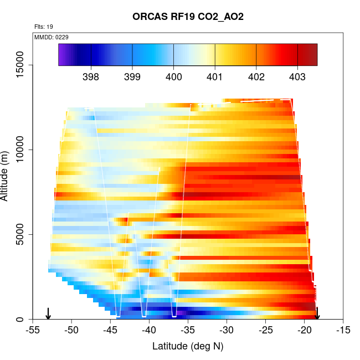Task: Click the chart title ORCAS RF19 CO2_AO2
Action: pyautogui.click(x=188, y=17)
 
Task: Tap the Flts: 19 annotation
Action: pyautogui.click(x=44, y=27)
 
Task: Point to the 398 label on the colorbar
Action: pyautogui.click(x=90, y=77)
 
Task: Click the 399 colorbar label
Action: pyautogui.click(x=132, y=77)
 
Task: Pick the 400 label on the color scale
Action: pyautogui.click(x=173, y=77)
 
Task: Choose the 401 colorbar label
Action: pyautogui.click(x=215, y=77)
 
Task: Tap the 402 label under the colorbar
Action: pyautogui.click(x=256, y=77)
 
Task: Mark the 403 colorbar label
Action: pyautogui.click(x=297, y=77)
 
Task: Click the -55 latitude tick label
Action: pyautogui.click(x=33, y=331)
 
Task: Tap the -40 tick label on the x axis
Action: pyautogui.click(x=149, y=331)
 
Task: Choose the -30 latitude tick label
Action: pyautogui.click(x=227, y=331)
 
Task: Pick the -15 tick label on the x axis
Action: pyautogui.click(x=343, y=331)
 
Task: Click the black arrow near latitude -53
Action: pyautogui.click(x=48, y=313)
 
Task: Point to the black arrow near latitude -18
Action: pyautogui.click(x=317, y=313)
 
